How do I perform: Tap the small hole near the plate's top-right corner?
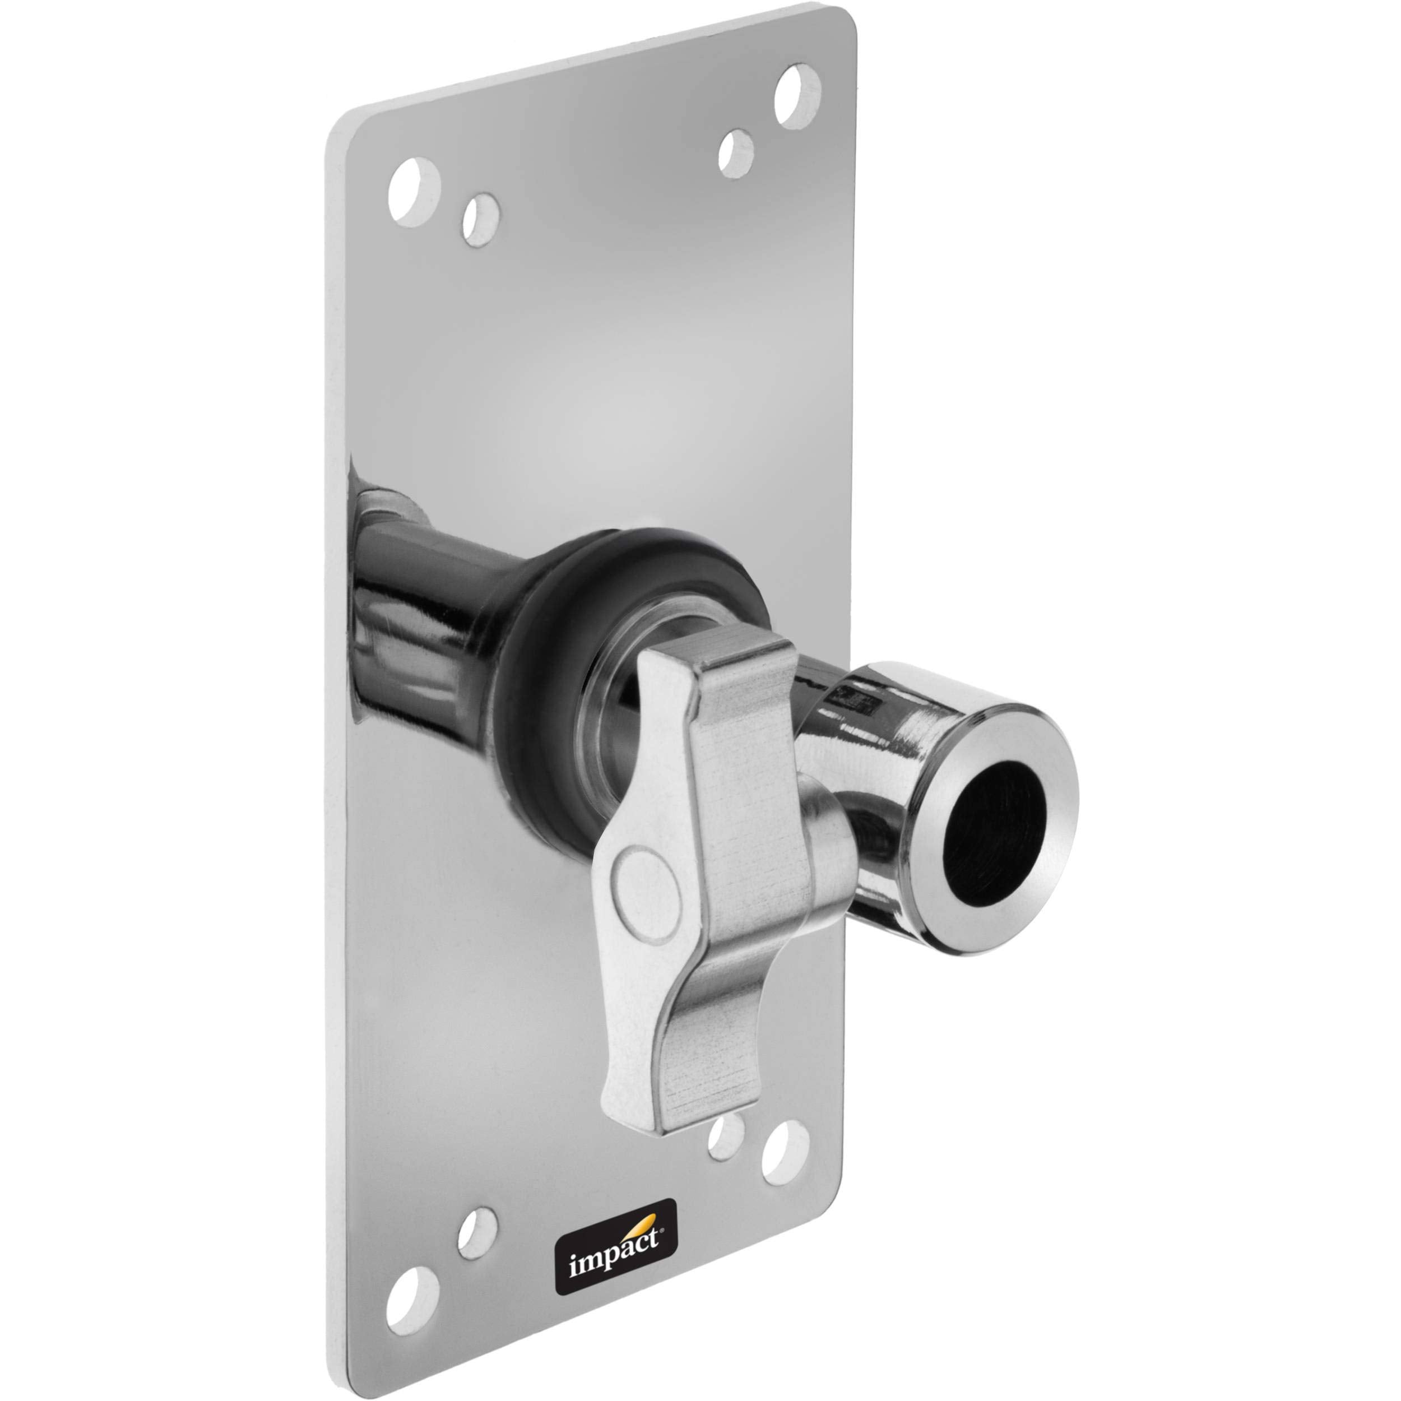(x=736, y=153)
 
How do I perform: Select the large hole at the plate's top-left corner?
(x=414, y=190)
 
